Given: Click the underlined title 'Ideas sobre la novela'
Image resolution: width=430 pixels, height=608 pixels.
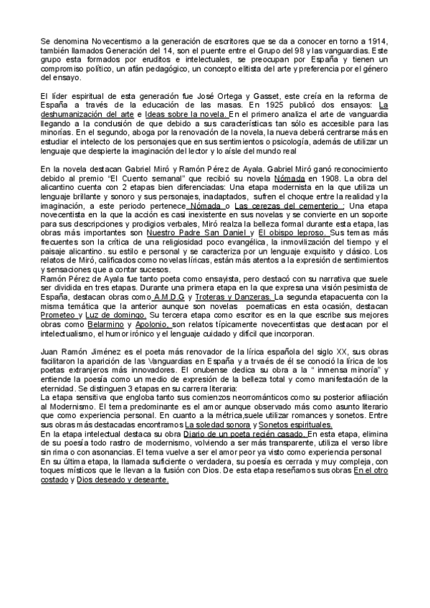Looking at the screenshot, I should click(186, 114).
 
